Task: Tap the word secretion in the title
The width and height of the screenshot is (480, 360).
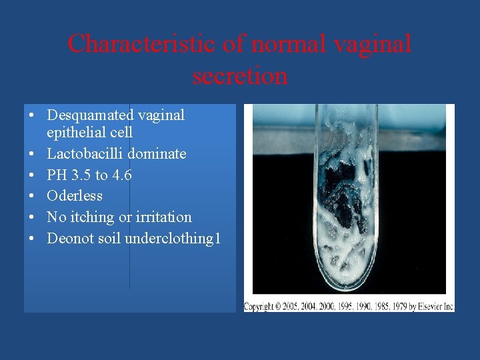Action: pyautogui.click(x=240, y=75)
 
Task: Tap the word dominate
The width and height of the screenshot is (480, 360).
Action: pyautogui.click(x=156, y=154)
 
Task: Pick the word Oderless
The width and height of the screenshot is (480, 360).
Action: pyautogui.click(x=75, y=196)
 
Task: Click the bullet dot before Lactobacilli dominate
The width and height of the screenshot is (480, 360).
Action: pyautogui.click(x=31, y=154)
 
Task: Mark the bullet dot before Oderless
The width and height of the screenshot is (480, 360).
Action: pyautogui.click(x=31, y=196)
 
